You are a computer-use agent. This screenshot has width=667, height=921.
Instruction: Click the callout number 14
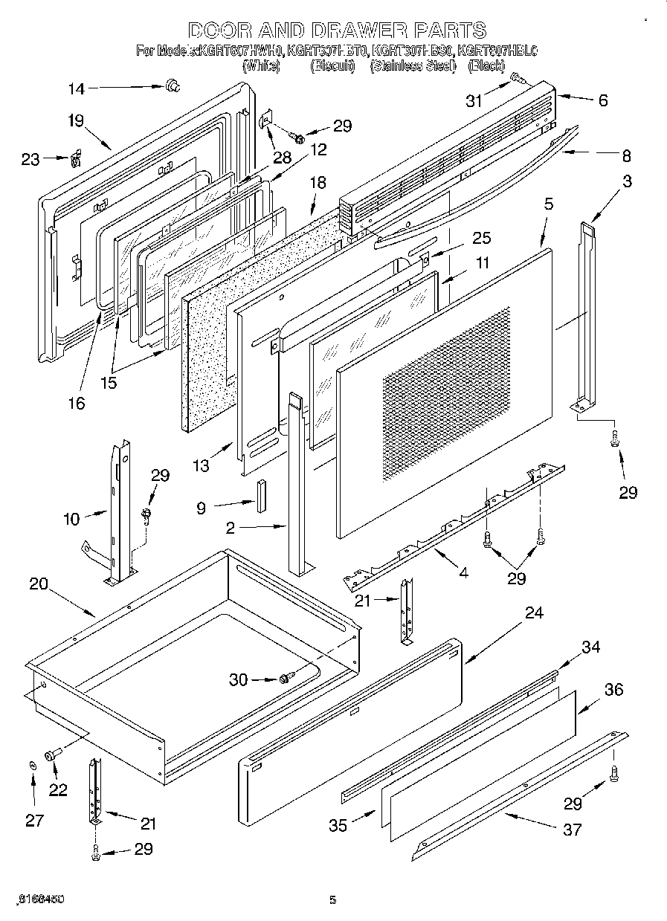tap(77, 88)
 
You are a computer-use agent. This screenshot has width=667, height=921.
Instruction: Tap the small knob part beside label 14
tap(174, 87)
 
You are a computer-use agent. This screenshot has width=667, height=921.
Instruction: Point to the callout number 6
tap(602, 100)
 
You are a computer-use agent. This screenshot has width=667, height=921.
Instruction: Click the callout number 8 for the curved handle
tap(626, 156)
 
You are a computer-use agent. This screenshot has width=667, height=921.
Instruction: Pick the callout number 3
tap(628, 182)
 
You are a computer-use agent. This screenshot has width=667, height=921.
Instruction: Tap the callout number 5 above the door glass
tap(549, 204)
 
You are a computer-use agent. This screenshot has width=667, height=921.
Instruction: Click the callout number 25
tap(482, 238)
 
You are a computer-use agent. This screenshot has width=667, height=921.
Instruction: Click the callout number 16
tap(76, 403)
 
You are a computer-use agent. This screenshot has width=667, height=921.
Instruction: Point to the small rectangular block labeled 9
tap(260, 497)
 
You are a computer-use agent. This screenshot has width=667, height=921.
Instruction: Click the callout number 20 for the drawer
tap(39, 584)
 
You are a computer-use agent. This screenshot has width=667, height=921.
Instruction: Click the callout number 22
tap(57, 790)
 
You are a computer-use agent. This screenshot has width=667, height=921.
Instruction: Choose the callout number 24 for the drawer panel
tap(534, 613)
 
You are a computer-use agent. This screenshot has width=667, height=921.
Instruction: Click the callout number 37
tap(573, 830)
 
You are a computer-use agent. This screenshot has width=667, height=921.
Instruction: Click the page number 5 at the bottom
tap(332, 900)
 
